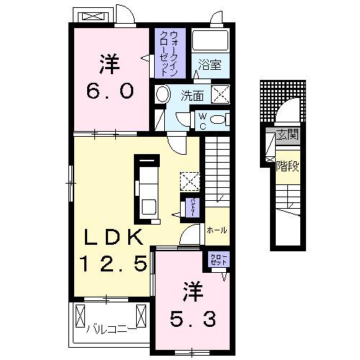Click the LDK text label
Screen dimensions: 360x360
pyautogui.click(x=114, y=237)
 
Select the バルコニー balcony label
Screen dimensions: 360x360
pyautogui.click(x=107, y=331)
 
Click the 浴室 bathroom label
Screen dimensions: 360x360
pyautogui.click(x=210, y=64)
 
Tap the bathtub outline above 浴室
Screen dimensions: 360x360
pyautogui.click(x=211, y=42)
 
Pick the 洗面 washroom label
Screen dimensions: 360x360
pyautogui.click(x=192, y=94)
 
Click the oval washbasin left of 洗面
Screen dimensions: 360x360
pyautogui.click(x=163, y=94)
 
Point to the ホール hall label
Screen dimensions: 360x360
pyautogui.click(x=216, y=230)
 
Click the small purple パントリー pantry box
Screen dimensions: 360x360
pyautogui.click(x=193, y=207)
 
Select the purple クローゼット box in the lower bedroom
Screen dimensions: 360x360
pyautogui.click(x=217, y=260)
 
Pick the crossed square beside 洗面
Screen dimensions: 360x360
pyautogui.click(x=219, y=94)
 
